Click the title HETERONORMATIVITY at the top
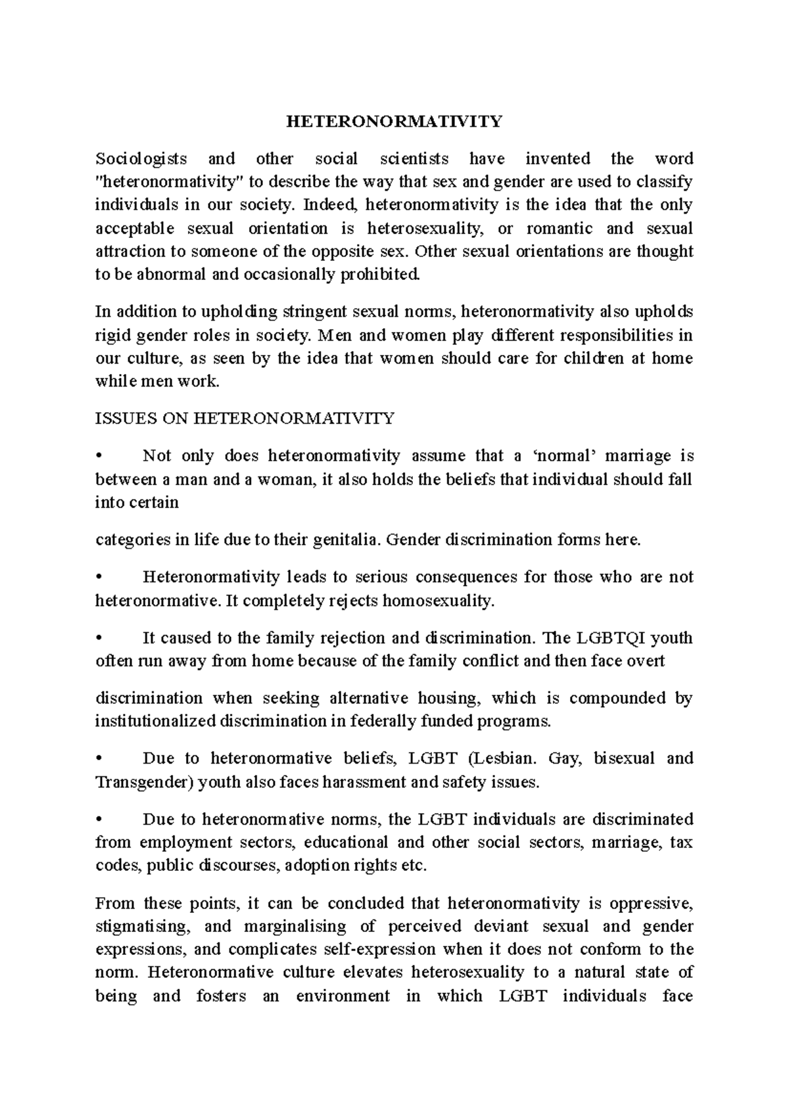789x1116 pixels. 394,122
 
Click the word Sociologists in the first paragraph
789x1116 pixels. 141,159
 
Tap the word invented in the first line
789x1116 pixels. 558,159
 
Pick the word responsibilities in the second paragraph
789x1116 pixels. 582,335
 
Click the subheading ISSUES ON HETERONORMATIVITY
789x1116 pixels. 245,419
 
